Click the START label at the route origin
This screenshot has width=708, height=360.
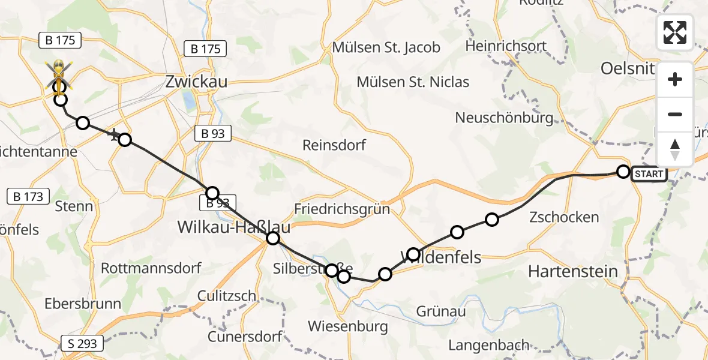pyautogui.click(x=649, y=175)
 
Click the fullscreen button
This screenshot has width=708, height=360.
pyautogui.click(x=675, y=32)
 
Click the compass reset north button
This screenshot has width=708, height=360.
pyautogui.click(x=675, y=149)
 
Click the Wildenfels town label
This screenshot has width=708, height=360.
pyautogui.click(x=444, y=257)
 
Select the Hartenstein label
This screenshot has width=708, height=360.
pyautogui.click(x=572, y=271)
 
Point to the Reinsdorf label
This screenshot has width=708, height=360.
pyautogui.click(x=334, y=145)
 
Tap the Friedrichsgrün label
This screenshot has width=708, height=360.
pyautogui.click(x=342, y=209)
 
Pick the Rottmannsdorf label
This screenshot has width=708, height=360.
pyautogui.click(x=151, y=268)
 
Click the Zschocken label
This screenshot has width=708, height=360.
pyautogui.click(x=564, y=217)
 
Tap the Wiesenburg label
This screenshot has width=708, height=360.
pyautogui.click(x=347, y=326)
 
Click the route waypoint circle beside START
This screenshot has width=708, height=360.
pyautogui.click(x=623, y=172)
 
